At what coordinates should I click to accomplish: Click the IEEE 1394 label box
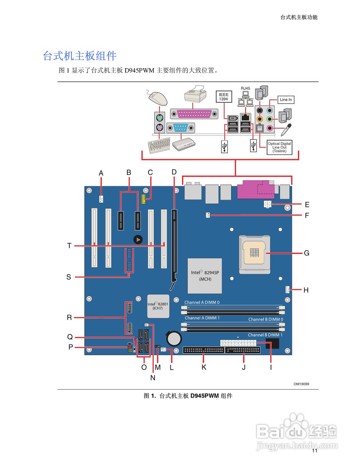click(223, 96)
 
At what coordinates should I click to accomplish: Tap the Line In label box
click(286, 100)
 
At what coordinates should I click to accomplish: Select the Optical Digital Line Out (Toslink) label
click(280, 147)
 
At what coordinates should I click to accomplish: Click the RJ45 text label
click(246, 88)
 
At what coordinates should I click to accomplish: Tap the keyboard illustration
click(159, 146)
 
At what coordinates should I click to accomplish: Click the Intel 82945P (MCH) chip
click(205, 276)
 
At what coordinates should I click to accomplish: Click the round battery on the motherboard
click(174, 339)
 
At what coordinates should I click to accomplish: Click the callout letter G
click(306, 253)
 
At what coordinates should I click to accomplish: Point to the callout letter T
click(69, 246)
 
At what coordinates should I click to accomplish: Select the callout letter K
click(204, 367)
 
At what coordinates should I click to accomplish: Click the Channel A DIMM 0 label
click(202, 303)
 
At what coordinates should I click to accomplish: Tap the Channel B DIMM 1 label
click(265, 335)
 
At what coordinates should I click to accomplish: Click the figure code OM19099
click(301, 384)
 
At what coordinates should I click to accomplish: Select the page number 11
click(314, 451)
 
